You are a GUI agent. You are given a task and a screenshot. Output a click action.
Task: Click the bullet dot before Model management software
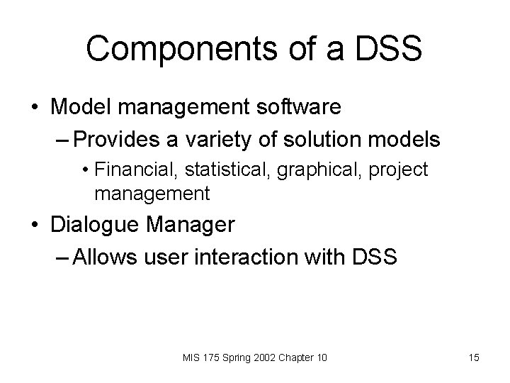[34, 108]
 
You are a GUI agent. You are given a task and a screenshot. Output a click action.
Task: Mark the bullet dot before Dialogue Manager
[34, 226]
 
